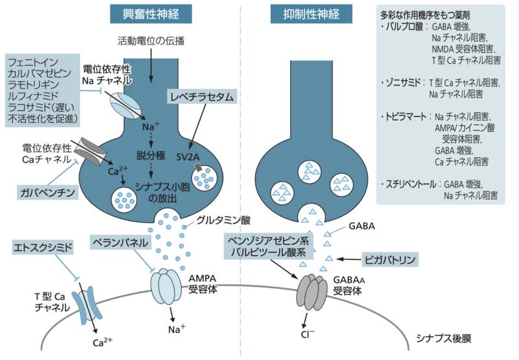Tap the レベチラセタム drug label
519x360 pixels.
[x=202, y=97]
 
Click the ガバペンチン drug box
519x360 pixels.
[x=50, y=192]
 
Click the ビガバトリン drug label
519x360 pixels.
[x=388, y=259]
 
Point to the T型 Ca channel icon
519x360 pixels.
[x=87, y=306]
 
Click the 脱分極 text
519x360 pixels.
[x=151, y=156]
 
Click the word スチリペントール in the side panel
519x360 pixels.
[x=409, y=184]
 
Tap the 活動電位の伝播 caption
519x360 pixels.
[x=151, y=41]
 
